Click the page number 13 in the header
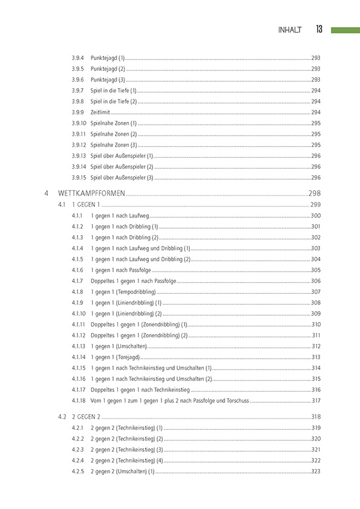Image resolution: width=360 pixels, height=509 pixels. coord(318,30)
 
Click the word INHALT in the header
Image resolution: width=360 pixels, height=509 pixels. coord(289,30)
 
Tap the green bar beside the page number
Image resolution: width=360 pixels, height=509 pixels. coord(345,30)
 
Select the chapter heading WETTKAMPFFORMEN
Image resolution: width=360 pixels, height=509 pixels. coord(91,194)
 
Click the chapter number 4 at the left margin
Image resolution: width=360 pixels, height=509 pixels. coord(47,194)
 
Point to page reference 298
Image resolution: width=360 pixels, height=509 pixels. coord(314,194)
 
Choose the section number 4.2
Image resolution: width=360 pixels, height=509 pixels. coord(62,417)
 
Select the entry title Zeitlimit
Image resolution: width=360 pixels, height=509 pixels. coord(100,112)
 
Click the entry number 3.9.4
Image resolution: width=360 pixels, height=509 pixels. coord(77,57)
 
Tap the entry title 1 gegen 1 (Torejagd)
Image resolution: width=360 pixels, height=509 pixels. coord(112,357)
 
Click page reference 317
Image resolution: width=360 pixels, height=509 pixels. coord(316,401)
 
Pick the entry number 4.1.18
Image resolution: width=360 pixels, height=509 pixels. coord(79,401)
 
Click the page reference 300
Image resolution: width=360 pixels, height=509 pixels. coord(316,216)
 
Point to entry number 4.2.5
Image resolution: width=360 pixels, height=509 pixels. coord(77,471)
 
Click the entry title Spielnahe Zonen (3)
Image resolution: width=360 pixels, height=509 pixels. coord(114,145)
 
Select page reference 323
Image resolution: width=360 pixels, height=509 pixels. coord(315,471)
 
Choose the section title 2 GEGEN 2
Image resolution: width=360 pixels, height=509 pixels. coord(86,417)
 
